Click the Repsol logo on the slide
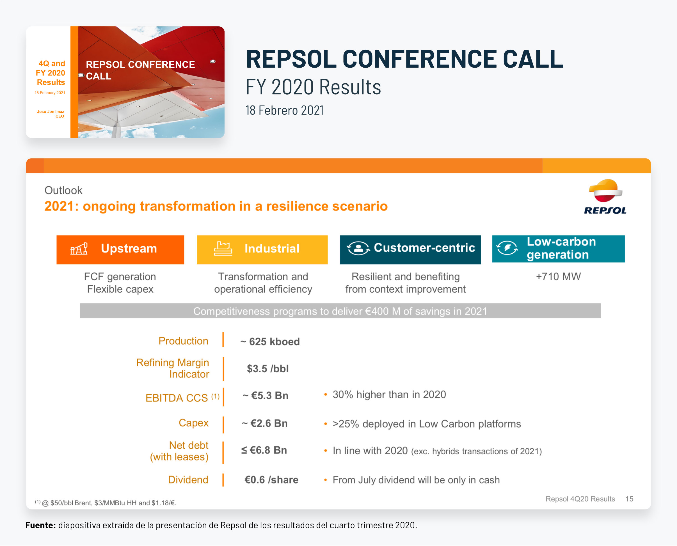(605, 197)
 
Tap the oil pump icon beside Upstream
(79, 249)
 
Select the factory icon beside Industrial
(223, 249)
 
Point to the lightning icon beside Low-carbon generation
(507, 248)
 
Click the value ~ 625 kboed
(270, 341)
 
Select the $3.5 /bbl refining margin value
(268, 369)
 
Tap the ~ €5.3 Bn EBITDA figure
(265, 395)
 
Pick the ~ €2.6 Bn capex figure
(265, 423)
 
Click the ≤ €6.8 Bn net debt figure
(264, 450)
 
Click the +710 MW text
(558, 276)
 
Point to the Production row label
(183, 341)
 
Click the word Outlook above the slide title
(63, 190)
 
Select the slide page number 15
(629, 499)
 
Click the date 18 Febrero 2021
(284, 110)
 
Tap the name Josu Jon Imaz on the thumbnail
(50, 112)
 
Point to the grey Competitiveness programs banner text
(340, 311)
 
